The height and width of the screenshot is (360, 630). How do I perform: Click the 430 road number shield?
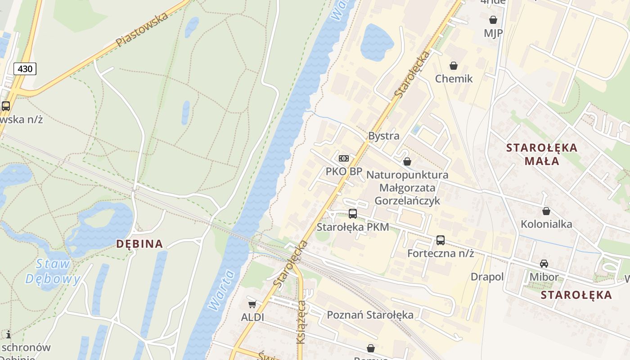click(25, 69)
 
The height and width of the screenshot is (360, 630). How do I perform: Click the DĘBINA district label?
click(139, 244)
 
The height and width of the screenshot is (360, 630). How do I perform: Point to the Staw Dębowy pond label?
click(53, 271)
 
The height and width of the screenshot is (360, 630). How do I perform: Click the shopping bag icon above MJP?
click(493, 20)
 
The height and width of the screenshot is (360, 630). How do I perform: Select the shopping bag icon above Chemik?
click(454, 66)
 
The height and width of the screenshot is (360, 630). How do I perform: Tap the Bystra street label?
click(383, 135)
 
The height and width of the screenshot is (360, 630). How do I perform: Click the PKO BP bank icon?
click(344, 158)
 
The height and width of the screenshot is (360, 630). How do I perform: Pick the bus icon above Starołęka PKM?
click(353, 214)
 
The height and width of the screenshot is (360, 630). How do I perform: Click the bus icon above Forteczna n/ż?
click(441, 240)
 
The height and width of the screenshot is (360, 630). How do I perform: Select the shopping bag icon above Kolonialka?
click(546, 211)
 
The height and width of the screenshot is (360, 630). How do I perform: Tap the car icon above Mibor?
click(544, 264)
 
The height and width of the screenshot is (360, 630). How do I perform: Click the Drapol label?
click(487, 277)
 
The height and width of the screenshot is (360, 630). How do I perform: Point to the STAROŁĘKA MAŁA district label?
click(541, 154)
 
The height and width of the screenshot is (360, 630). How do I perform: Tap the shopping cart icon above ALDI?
click(252, 304)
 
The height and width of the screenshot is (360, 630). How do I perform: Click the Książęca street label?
click(301, 322)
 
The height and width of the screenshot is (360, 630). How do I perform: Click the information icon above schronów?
click(8, 334)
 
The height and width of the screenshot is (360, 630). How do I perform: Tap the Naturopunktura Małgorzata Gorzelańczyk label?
click(407, 187)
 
